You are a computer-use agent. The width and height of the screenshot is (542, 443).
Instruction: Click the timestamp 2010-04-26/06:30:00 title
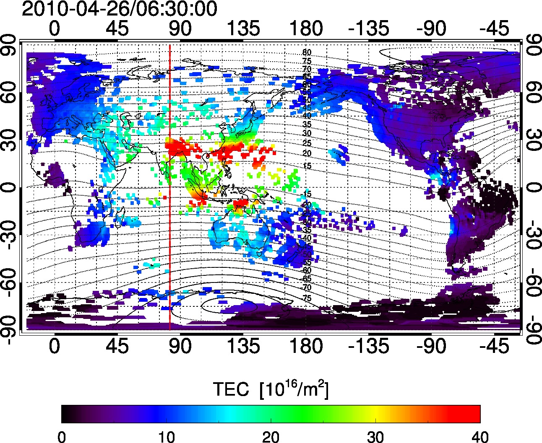click(119, 9)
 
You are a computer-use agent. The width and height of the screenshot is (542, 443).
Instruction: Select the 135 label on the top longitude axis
click(243, 28)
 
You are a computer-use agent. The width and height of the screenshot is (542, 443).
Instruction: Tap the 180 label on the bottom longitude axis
click(306, 347)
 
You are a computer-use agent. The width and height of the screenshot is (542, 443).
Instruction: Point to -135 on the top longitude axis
click(369, 28)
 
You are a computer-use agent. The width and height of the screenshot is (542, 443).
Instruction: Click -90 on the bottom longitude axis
click(432, 347)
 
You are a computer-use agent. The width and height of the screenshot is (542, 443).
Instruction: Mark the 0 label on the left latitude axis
click(10, 187)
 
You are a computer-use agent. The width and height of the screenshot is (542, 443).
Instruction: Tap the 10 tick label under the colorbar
click(166, 437)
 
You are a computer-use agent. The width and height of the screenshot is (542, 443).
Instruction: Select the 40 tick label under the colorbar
click(479, 437)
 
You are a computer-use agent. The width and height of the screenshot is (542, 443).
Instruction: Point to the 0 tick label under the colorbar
click(62, 437)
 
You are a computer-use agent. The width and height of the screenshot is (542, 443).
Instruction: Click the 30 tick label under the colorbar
click(375, 437)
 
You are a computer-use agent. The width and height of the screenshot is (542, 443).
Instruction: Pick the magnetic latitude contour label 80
click(307, 52)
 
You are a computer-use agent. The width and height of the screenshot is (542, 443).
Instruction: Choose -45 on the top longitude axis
click(495, 28)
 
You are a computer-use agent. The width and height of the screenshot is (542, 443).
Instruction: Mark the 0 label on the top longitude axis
click(55, 28)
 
